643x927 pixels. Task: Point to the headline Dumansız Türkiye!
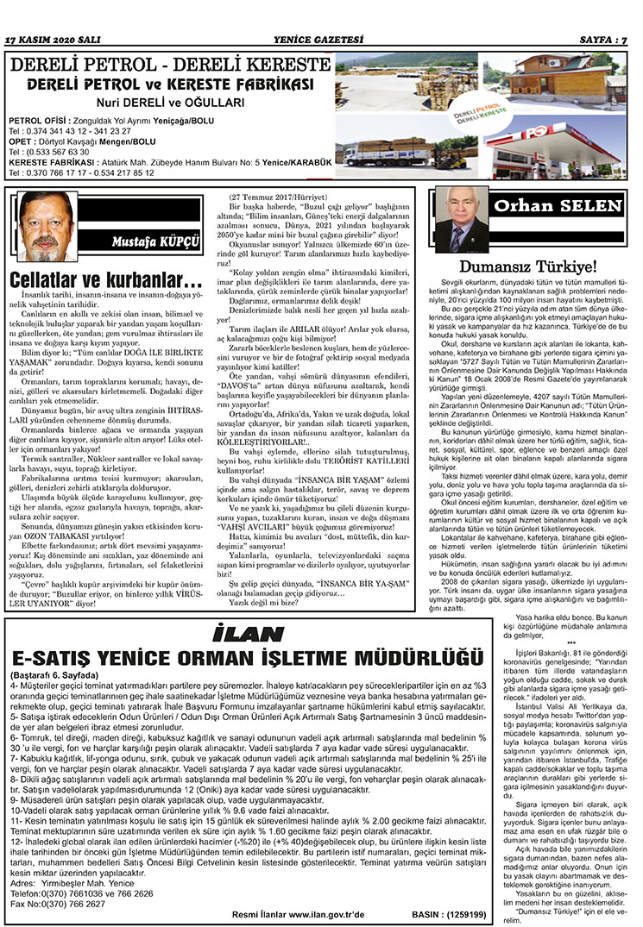pyautogui.click(x=528, y=266)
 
